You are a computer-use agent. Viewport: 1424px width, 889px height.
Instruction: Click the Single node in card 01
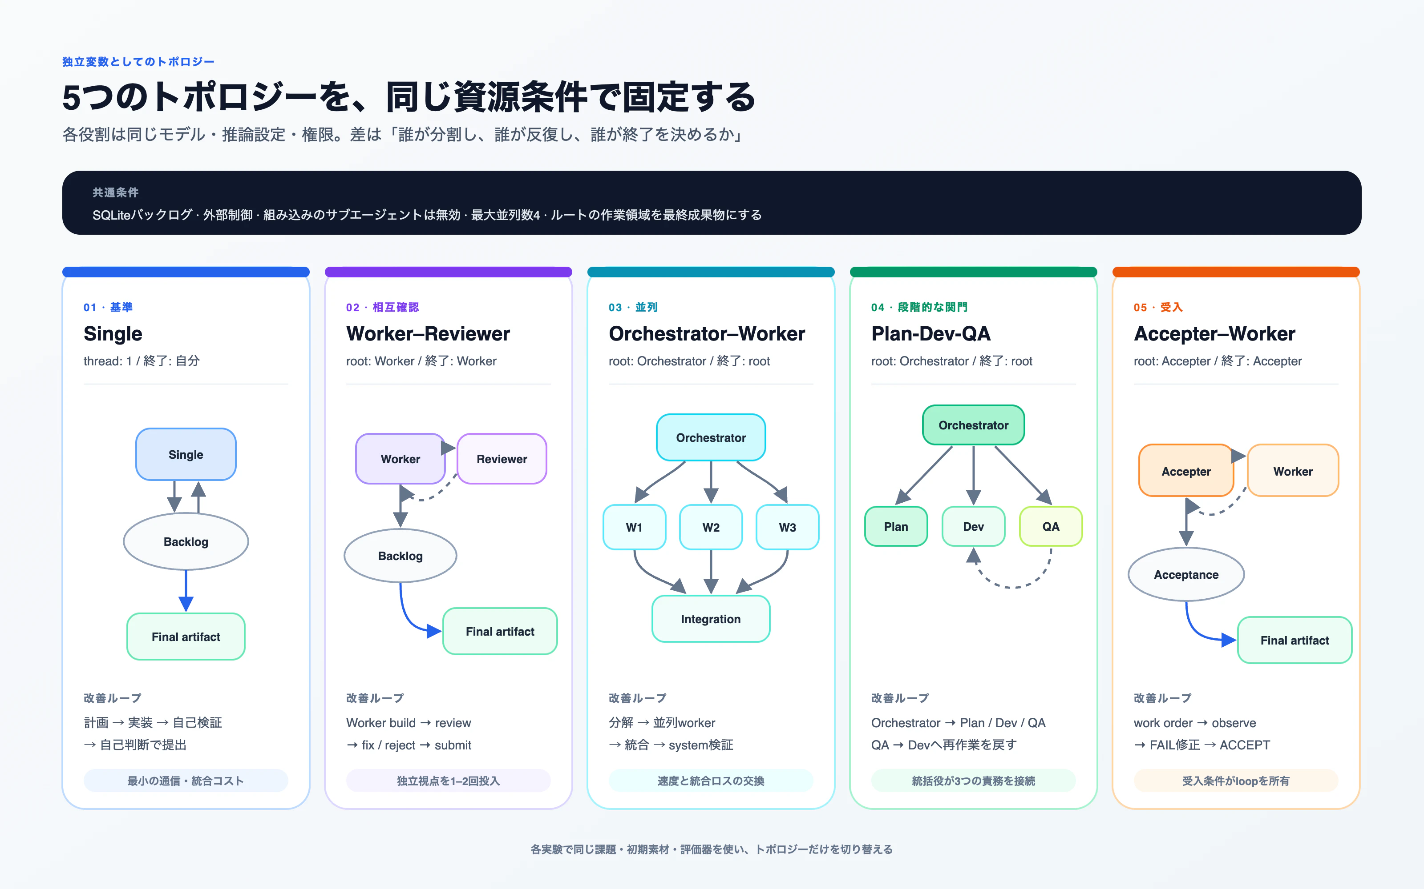[186, 454]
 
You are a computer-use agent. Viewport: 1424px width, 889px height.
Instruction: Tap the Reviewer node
[502, 459]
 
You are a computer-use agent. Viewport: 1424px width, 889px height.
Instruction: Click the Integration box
[711, 619]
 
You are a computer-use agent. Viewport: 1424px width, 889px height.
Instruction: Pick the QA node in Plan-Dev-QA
[1051, 526]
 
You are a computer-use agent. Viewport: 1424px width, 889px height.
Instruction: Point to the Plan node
[896, 526]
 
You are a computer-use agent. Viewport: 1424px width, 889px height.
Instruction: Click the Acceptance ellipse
[1186, 574]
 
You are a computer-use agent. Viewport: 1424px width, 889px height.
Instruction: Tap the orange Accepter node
[1186, 471]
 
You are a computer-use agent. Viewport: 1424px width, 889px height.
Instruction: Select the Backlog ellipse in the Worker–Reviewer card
[400, 556]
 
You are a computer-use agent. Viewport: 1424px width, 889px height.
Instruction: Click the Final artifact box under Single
[186, 637]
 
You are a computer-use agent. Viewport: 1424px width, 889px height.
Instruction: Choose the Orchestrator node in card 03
[711, 437]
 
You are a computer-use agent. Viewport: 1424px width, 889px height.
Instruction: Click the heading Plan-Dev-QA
[931, 333]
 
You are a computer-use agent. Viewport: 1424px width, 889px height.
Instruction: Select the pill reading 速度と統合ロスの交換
[711, 781]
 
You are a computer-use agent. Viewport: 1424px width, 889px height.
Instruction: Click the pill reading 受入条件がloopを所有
[1236, 781]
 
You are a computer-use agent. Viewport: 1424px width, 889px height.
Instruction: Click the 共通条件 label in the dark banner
[115, 192]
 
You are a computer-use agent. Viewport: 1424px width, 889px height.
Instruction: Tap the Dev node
[973, 526]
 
